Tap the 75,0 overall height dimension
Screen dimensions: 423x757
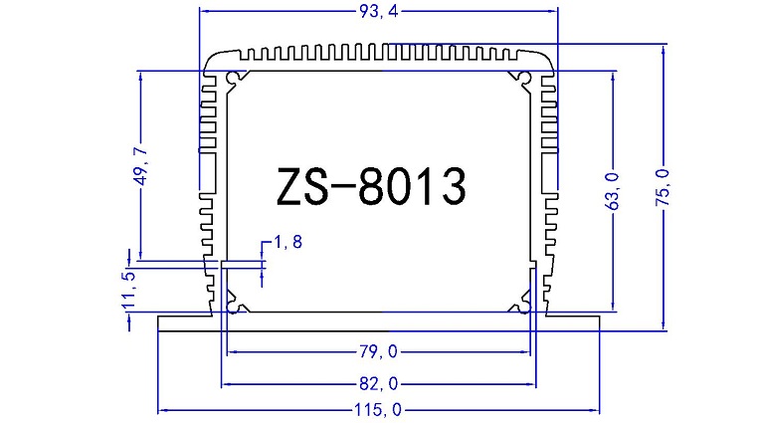coord(663,188)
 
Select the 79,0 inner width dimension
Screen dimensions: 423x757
coord(379,351)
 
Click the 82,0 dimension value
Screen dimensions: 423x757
coord(379,383)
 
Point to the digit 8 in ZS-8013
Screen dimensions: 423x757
coord(375,188)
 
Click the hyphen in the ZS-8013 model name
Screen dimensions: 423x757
coord(339,189)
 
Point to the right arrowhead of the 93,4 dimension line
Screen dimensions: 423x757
coord(552,11)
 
